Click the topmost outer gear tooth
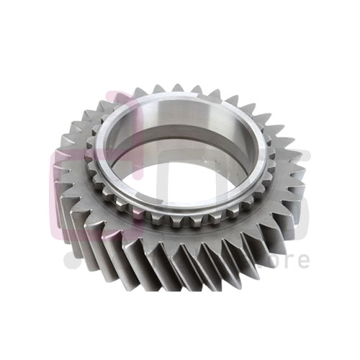(x=176, y=88)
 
